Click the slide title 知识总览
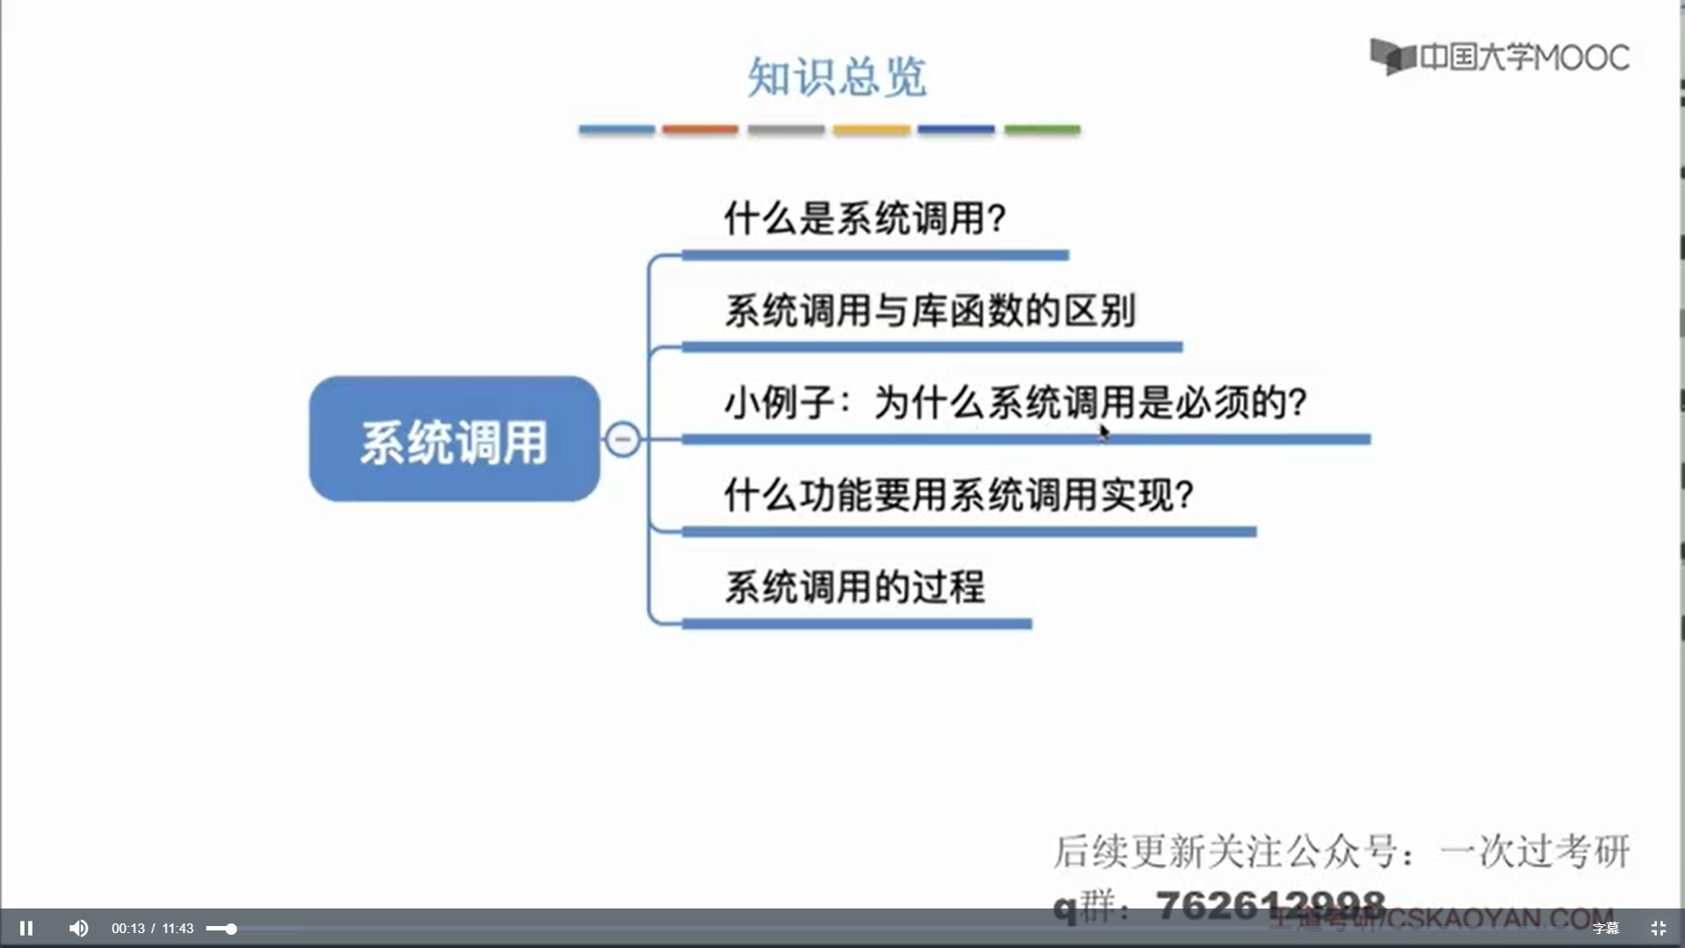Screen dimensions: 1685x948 [836, 77]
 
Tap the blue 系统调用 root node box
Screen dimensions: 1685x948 [454, 439]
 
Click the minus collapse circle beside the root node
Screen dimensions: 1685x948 [623, 439]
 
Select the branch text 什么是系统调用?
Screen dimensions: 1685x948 [864, 218]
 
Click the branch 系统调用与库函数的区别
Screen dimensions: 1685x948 [929, 311]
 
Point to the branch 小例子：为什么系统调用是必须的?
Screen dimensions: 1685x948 [1015, 403]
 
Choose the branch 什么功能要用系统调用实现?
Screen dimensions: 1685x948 [958, 495]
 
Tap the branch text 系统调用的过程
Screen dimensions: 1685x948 [855, 587]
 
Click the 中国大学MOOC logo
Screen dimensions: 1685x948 [1500, 57]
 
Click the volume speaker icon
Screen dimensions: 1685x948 [78, 928]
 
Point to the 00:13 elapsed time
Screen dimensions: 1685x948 [128, 929]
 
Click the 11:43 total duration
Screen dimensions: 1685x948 [177, 929]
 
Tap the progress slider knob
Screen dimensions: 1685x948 [231, 929]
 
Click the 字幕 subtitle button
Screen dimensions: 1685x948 [1605, 929]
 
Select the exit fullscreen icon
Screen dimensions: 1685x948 [1658, 928]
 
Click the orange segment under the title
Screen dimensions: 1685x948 [700, 130]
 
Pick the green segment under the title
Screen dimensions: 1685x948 [1042, 130]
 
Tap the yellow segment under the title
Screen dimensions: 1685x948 [871, 130]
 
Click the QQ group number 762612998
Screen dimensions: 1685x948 [1270, 904]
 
